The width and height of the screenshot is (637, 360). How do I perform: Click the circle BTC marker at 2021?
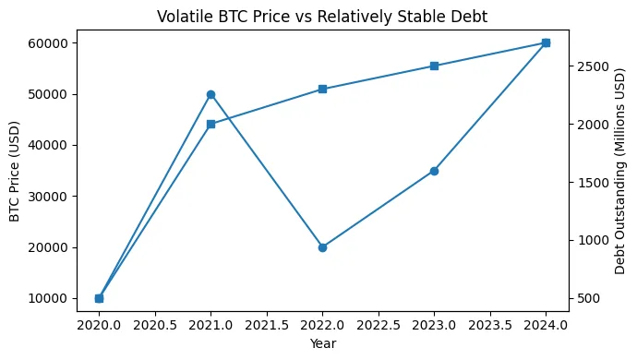[210, 94]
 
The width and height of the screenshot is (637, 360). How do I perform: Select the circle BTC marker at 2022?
[322, 247]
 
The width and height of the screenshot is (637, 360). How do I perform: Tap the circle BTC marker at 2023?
[434, 171]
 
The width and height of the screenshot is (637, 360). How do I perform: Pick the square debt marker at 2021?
[210, 124]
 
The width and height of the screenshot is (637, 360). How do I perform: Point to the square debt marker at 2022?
[322, 89]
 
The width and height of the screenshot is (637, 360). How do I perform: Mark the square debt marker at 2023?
[434, 66]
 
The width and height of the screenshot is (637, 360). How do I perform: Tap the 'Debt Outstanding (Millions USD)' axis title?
[619, 171]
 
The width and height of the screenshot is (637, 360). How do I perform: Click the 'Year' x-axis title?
[322, 343]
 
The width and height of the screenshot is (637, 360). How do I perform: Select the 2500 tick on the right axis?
[593, 66]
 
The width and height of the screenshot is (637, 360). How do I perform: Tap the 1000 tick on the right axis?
[593, 240]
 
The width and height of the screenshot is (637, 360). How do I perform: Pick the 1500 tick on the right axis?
[593, 183]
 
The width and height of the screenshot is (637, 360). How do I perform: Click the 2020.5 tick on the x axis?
[155, 324]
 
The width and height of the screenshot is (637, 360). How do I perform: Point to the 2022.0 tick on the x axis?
[322, 324]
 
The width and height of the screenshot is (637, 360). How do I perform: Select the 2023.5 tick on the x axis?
[489, 324]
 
